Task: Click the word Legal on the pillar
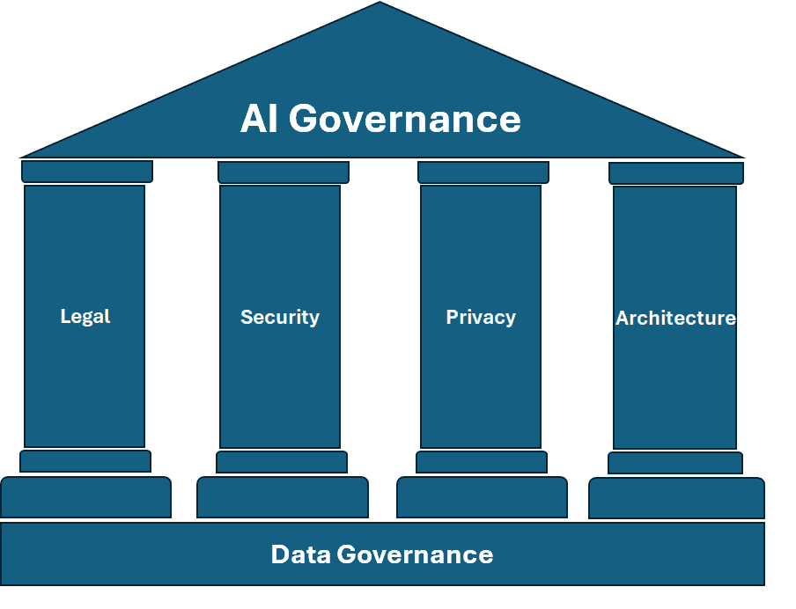click(x=85, y=316)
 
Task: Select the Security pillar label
click(x=280, y=317)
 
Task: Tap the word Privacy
click(x=481, y=317)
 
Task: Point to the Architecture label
click(x=675, y=318)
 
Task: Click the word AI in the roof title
click(x=260, y=119)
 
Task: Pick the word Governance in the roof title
click(x=405, y=119)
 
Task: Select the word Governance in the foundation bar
click(x=416, y=554)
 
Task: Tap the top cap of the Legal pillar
click(x=87, y=171)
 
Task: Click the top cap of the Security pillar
click(x=284, y=172)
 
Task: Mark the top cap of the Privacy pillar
click(x=483, y=172)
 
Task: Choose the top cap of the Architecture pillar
click(x=676, y=172)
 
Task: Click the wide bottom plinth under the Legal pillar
click(x=85, y=497)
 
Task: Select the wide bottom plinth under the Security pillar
click(x=283, y=497)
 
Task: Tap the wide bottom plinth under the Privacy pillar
click(x=483, y=497)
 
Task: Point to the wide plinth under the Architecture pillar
click(x=676, y=498)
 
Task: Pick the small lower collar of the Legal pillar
click(x=85, y=461)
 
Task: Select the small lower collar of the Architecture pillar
click(x=675, y=463)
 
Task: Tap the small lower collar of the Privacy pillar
click(x=482, y=462)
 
